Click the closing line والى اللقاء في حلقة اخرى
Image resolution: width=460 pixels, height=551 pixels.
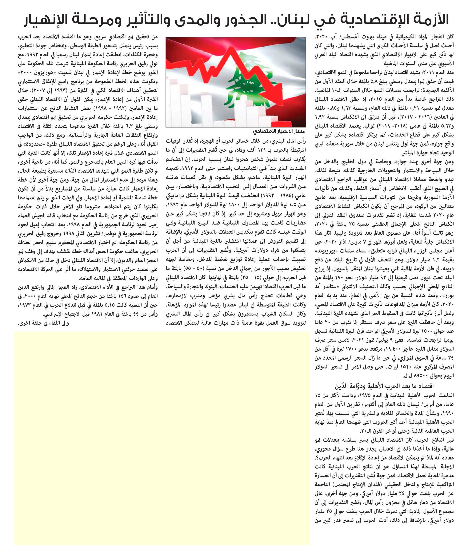tap(44, 323)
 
